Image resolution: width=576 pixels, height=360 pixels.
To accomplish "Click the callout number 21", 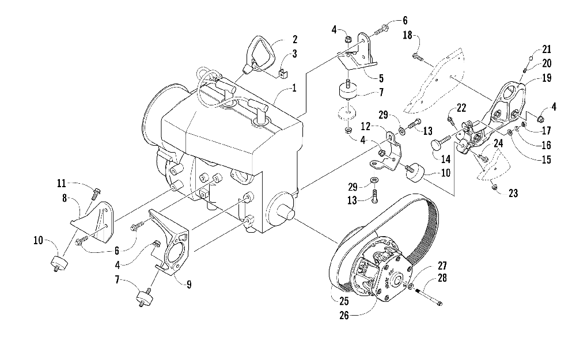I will point(546,48).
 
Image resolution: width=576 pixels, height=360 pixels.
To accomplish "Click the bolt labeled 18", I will point(418,57).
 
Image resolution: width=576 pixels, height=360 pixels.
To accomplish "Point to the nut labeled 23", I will point(495,188).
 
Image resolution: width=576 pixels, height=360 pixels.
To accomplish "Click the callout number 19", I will point(544,80).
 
